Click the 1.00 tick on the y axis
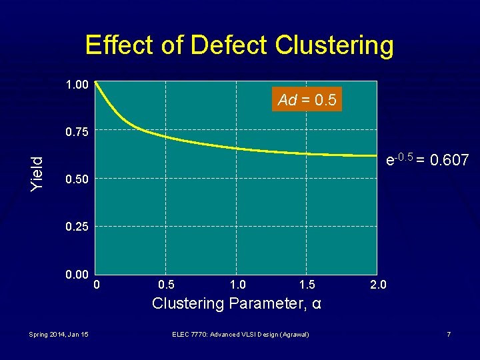(x=77, y=85)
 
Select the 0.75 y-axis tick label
(x=77, y=132)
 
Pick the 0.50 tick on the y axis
(x=77, y=179)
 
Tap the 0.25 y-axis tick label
(x=77, y=227)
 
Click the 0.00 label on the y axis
(x=77, y=275)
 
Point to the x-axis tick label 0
(x=97, y=285)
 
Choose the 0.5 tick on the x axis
(x=167, y=285)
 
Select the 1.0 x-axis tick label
(x=237, y=285)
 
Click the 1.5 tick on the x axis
(x=307, y=285)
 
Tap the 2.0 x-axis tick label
(x=377, y=285)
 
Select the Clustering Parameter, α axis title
(x=237, y=304)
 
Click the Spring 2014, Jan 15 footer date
(x=59, y=334)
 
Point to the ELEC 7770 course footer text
(x=240, y=334)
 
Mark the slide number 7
(x=449, y=334)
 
